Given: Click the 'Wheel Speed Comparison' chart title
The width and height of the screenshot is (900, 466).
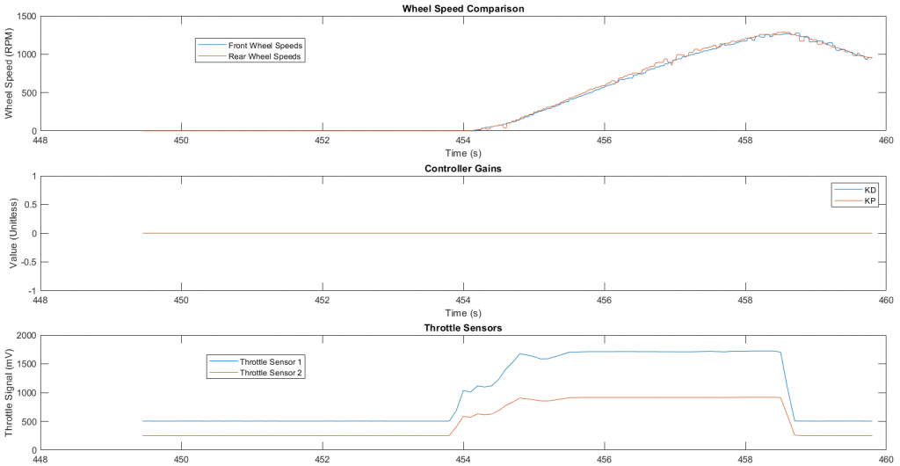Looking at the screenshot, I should click(x=462, y=9).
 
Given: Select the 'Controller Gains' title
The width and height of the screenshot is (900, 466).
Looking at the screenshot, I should click(x=462, y=169).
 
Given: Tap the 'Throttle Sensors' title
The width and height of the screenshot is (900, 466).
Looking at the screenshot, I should click(x=462, y=328).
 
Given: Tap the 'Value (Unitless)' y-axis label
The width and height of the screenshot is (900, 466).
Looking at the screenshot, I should click(x=10, y=233).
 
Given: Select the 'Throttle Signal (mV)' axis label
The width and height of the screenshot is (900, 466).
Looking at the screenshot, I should click(x=10, y=392).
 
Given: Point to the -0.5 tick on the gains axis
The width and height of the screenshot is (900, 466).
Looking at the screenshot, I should click(x=24, y=262).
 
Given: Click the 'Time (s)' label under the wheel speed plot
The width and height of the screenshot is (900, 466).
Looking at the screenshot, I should click(x=462, y=153).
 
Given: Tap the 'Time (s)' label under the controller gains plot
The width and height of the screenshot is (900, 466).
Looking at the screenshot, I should click(x=462, y=312).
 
